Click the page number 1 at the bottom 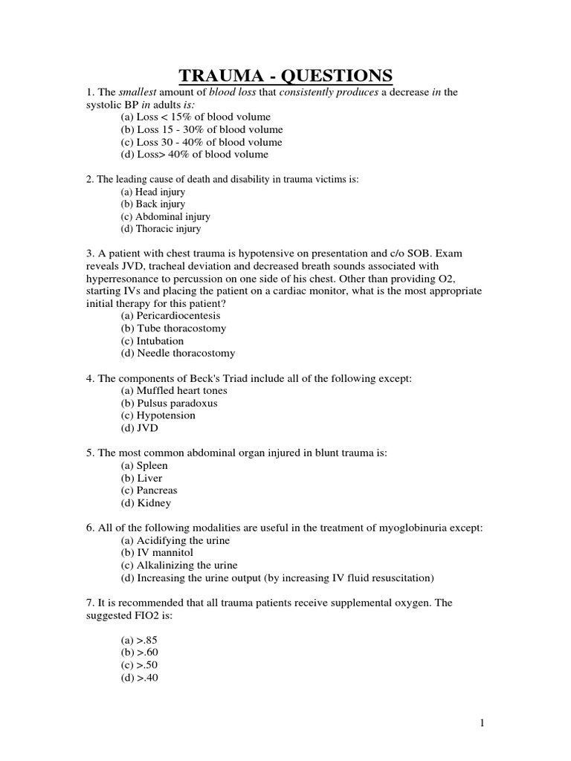point(545,722)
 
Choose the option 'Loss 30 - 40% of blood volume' point(201,142)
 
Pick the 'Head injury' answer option point(152,191)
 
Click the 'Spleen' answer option point(144,465)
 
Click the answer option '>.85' point(140,640)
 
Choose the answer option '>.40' point(140,678)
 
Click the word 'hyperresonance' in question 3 point(123,278)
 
